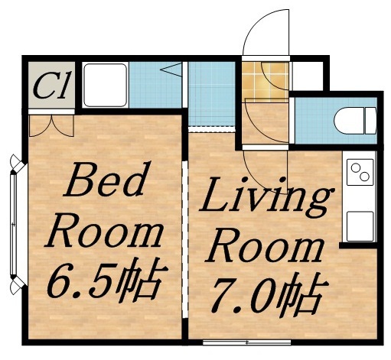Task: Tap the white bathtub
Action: pyautogui.click(x=106, y=85)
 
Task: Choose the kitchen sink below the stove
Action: pyautogui.click(x=359, y=225)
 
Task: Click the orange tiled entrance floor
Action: pyautogui.click(x=266, y=81)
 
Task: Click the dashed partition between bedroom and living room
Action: pyautogui.click(x=184, y=229)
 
